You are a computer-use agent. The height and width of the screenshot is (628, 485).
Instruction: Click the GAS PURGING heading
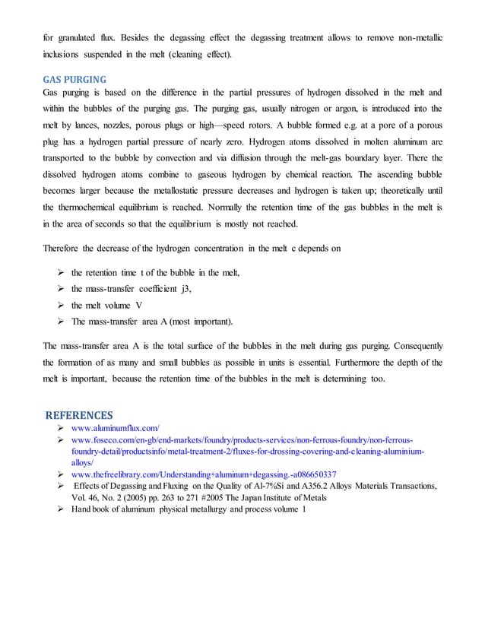click(74, 78)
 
